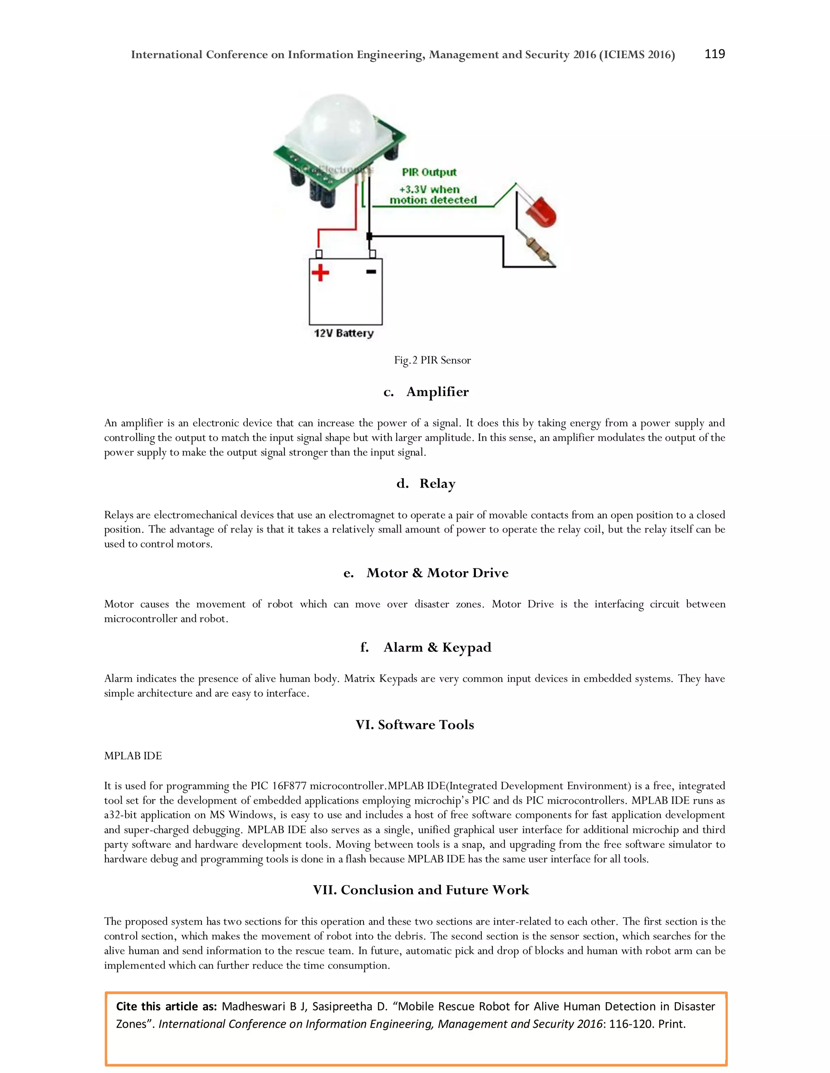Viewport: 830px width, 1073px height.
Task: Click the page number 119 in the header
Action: (714, 54)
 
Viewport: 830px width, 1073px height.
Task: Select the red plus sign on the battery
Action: (320, 273)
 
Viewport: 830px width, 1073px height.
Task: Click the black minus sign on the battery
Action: (371, 272)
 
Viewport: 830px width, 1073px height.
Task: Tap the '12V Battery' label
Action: (344, 333)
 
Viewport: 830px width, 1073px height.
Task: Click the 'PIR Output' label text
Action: (429, 172)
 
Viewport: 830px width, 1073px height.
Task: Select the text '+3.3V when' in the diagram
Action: (429, 189)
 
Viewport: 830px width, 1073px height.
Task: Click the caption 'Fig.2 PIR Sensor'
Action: (432, 360)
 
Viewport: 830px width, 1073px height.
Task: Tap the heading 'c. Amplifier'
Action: (426, 392)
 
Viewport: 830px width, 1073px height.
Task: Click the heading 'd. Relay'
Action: (426, 483)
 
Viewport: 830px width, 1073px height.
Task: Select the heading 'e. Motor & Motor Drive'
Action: (426, 573)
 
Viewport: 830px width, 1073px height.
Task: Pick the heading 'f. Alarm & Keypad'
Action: (426, 647)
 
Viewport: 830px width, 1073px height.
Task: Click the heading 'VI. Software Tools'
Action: (415, 725)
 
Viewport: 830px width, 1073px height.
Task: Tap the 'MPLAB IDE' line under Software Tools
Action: (133, 756)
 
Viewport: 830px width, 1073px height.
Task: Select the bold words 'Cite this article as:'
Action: (166, 1006)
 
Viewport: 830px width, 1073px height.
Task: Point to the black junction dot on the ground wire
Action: (369, 236)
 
